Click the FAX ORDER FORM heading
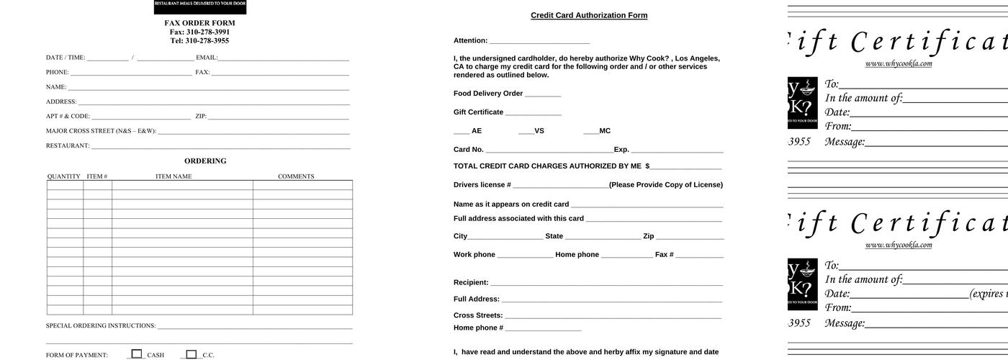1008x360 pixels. click(199, 23)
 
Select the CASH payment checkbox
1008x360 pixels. click(137, 354)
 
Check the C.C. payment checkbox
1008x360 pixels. click(191, 354)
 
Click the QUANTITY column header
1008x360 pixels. click(64, 176)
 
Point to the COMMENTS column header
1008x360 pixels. click(296, 176)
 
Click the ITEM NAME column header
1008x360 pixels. click(174, 176)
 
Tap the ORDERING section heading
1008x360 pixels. click(205, 161)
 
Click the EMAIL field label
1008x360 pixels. click(207, 58)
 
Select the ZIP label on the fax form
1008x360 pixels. click(201, 116)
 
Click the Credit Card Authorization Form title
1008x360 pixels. click(589, 15)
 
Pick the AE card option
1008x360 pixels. click(476, 131)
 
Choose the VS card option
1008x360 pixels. click(539, 131)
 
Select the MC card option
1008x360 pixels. click(604, 131)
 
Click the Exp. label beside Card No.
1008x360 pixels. click(621, 150)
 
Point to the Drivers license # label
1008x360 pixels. click(482, 185)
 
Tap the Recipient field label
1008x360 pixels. click(471, 282)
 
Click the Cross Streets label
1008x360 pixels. click(478, 315)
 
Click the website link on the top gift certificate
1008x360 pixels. click(899, 63)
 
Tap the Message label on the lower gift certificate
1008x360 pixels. click(845, 323)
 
